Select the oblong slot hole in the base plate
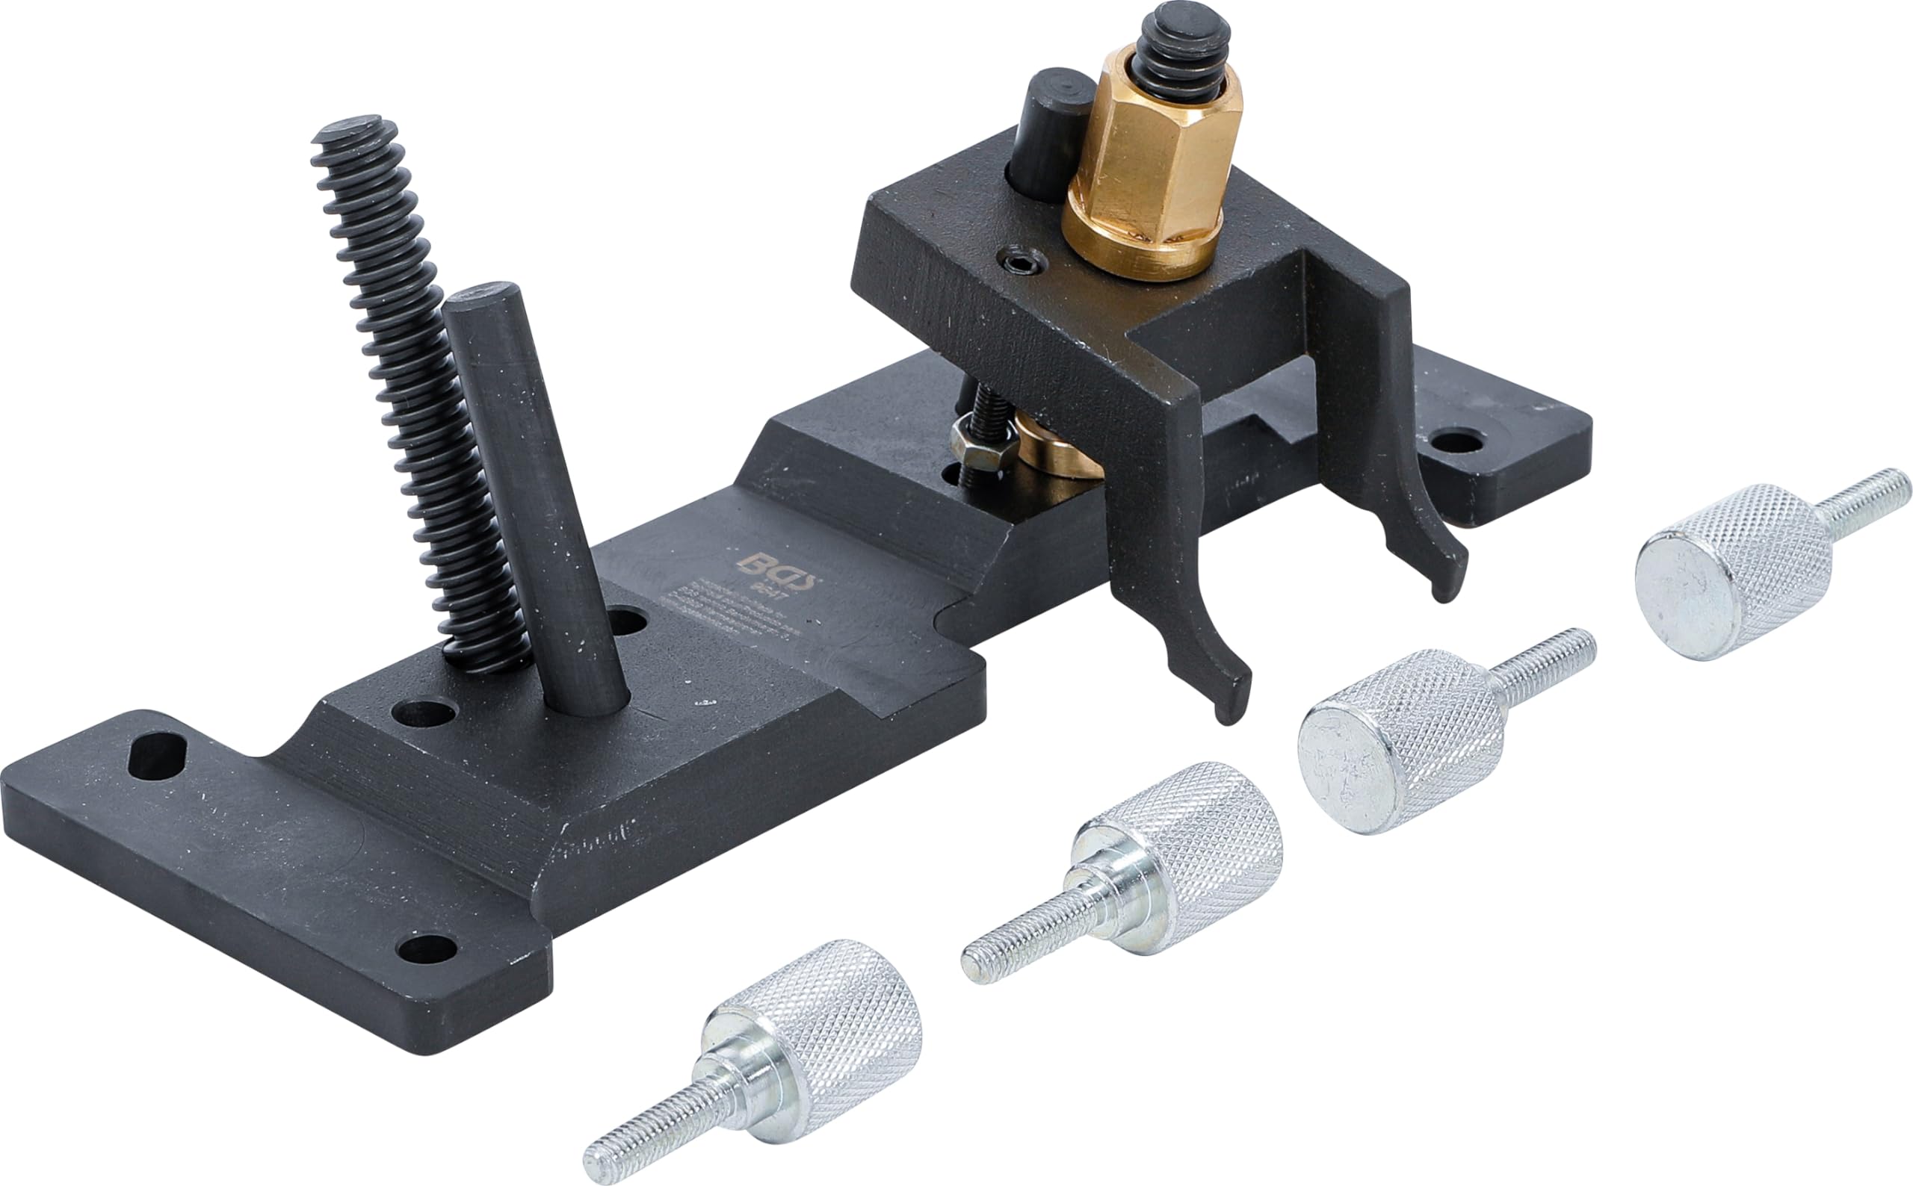(157, 754)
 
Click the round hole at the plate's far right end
(1456, 442)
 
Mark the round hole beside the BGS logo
(626, 622)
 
